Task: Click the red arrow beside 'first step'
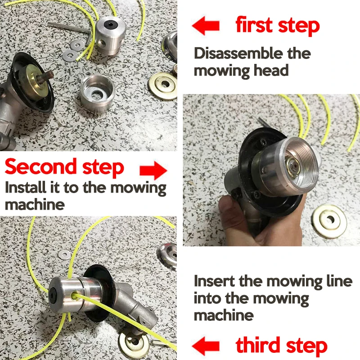click(x=206, y=26)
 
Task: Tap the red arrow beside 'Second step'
click(x=153, y=171)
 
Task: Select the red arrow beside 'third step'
click(x=206, y=346)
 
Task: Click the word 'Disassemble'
click(x=238, y=53)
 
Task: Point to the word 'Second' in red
click(x=40, y=166)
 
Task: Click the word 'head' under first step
click(x=271, y=70)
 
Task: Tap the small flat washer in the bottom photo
click(x=64, y=254)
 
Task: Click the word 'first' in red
click(x=254, y=25)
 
